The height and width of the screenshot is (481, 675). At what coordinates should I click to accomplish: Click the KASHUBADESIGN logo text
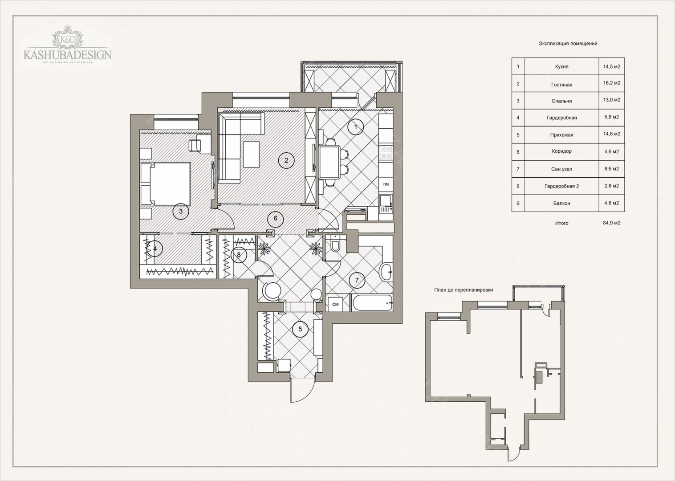pyautogui.click(x=68, y=55)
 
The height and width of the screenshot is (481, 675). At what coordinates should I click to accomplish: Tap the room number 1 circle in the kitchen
pyautogui.click(x=356, y=127)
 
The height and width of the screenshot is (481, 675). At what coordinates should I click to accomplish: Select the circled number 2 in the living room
pyautogui.click(x=286, y=160)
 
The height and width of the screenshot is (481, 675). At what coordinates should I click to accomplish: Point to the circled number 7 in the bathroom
pyautogui.click(x=357, y=280)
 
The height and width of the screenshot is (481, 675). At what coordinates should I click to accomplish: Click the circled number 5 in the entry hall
pyautogui.click(x=300, y=329)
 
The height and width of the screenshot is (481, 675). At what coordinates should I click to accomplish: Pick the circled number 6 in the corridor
pyautogui.click(x=276, y=218)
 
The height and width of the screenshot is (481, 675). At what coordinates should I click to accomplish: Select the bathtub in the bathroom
pyautogui.click(x=372, y=302)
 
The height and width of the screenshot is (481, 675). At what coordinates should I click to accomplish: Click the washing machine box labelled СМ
pyautogui.click(x=335, y=304)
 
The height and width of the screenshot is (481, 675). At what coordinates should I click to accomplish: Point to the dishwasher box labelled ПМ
pyautogui.click(x=386, y=184)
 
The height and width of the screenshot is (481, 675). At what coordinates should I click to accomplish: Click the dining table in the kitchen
pyautogui.click(x=329, y=162)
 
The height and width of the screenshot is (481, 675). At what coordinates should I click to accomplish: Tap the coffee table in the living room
pyautogui.click(x=251, y=154)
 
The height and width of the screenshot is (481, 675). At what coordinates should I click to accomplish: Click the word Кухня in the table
pyautogui.click(x=562, y=67)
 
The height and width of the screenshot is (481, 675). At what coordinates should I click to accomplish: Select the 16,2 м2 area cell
pyautogui.click(x=611, y=83)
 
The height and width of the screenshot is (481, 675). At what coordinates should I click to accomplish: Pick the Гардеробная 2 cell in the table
pyautogui.click(x=562, y=186)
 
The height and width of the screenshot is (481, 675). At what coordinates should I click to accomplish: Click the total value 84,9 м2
pyautogui.click(x=612, y=223)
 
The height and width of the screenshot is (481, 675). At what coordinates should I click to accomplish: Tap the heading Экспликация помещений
pyautogui.click(x=568, y=43)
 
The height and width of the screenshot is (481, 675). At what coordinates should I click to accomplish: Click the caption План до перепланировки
pyautogui.click(x=464, y=290)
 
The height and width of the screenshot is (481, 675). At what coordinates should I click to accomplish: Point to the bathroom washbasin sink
pyautogui.click(x=386, y=272)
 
